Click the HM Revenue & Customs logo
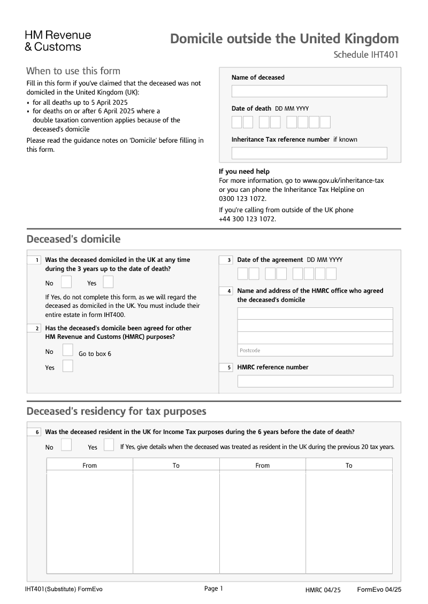pyautogui.click(x=58, y=41)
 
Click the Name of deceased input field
pyautogui.click(x=309, y=91)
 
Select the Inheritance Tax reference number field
pyautogui.click(x=309, y=153)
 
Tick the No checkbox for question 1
pyautogui.click(x=66, y=282)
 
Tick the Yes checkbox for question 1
pyautogui.click(x=108, y=282)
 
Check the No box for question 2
pyautogui.click(x=68, y=350)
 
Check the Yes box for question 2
pyautogui.click(x=68, y=366)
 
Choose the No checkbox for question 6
pyautogui.click(x=66, y=445)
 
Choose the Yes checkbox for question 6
pyautogui.click(x=109, y=445)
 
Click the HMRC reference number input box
pyautogui.click(x=315, y=381)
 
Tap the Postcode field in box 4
pyautogui.click(x=315, y=350)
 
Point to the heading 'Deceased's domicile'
pyautogui.click(x=74, y=239)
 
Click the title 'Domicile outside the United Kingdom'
pyautogui.click(x=284, y=39)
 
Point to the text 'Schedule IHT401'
pyautogui.click(x=366, y=55)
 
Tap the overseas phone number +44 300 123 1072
pyautogui.click(x=247, y=219)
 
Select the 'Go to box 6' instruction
pyautogui.click(x=95, y=354)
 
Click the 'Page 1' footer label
pyautogui.click(x=213, y=588)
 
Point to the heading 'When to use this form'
pyautogui.click(x=73, y=71)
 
